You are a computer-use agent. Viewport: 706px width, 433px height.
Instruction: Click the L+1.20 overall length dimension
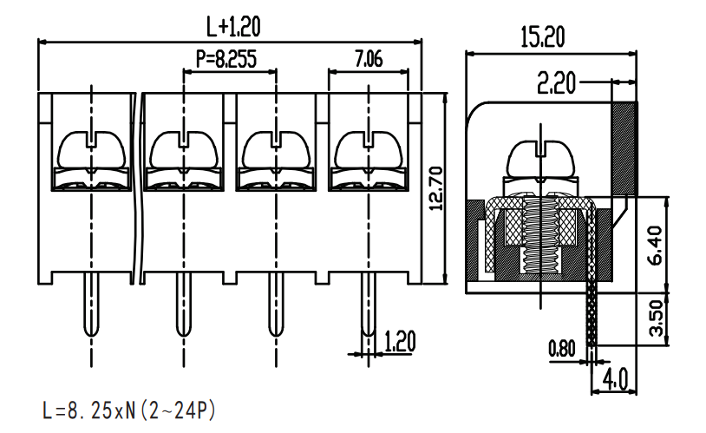[x=233, y=27]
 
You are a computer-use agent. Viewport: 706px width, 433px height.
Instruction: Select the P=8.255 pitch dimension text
[x=226, y=59]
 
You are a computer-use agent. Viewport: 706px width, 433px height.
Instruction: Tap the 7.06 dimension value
[x=369, y=59]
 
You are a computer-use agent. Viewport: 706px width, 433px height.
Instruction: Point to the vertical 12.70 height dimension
[x=436, y=188]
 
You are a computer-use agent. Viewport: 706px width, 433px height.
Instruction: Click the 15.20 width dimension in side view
[x=543, y=37]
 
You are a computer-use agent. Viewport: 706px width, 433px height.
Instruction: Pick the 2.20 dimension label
[x=557, y=83]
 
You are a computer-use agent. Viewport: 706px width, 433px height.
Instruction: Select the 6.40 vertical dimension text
[x=657, y=245]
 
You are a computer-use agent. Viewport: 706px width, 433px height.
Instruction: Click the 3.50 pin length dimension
[x=657, y=318]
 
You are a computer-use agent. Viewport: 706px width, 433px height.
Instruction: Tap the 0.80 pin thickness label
[x=562, y=348]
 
